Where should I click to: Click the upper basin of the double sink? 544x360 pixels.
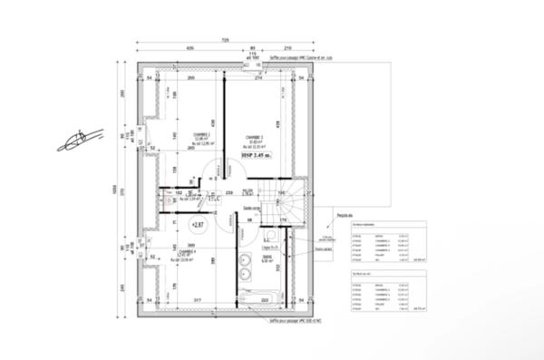pyautogui.click(x=247, y=262)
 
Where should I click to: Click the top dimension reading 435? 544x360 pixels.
pyautogui.click(x=190, y=48)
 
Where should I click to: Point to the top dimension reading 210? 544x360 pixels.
pyautogui.click(x=287, y=48)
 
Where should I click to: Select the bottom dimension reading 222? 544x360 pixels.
pyautogui.click(x=264, y=298)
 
